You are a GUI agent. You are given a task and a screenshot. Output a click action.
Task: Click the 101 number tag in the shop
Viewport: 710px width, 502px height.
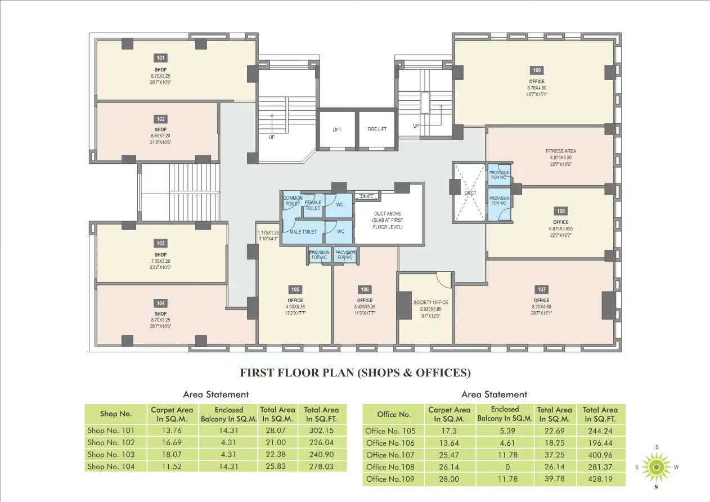161,58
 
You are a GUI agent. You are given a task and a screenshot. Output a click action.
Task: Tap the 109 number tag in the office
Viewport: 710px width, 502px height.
536,70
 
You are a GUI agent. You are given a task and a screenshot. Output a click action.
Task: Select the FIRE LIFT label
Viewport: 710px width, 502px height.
377,129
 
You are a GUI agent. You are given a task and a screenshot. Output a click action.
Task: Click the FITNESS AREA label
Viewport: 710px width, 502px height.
560,151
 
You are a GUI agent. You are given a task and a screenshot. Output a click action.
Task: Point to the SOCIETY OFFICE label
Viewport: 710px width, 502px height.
430,302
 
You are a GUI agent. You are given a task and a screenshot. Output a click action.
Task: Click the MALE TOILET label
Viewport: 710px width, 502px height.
303,232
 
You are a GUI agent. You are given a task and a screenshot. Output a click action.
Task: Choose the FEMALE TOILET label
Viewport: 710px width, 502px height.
313,205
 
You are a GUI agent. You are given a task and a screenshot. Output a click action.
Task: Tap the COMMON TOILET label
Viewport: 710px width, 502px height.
293,201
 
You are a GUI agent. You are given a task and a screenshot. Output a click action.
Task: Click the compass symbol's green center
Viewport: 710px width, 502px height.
656,467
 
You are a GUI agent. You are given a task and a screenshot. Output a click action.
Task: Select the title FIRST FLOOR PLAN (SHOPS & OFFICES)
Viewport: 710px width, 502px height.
355,373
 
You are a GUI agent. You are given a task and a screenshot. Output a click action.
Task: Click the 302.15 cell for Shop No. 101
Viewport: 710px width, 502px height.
322,431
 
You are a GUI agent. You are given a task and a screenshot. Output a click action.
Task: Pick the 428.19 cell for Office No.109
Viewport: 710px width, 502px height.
600,479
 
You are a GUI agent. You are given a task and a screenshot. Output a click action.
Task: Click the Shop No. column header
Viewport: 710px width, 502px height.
116,414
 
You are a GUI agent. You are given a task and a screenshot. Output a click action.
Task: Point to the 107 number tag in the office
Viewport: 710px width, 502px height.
541,289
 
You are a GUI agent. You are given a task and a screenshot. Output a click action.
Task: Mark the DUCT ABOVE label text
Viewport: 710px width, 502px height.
388,214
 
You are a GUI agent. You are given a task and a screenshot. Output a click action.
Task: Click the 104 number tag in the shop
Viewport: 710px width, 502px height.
161,303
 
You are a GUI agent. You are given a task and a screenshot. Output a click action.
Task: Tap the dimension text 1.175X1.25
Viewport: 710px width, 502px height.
268,232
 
